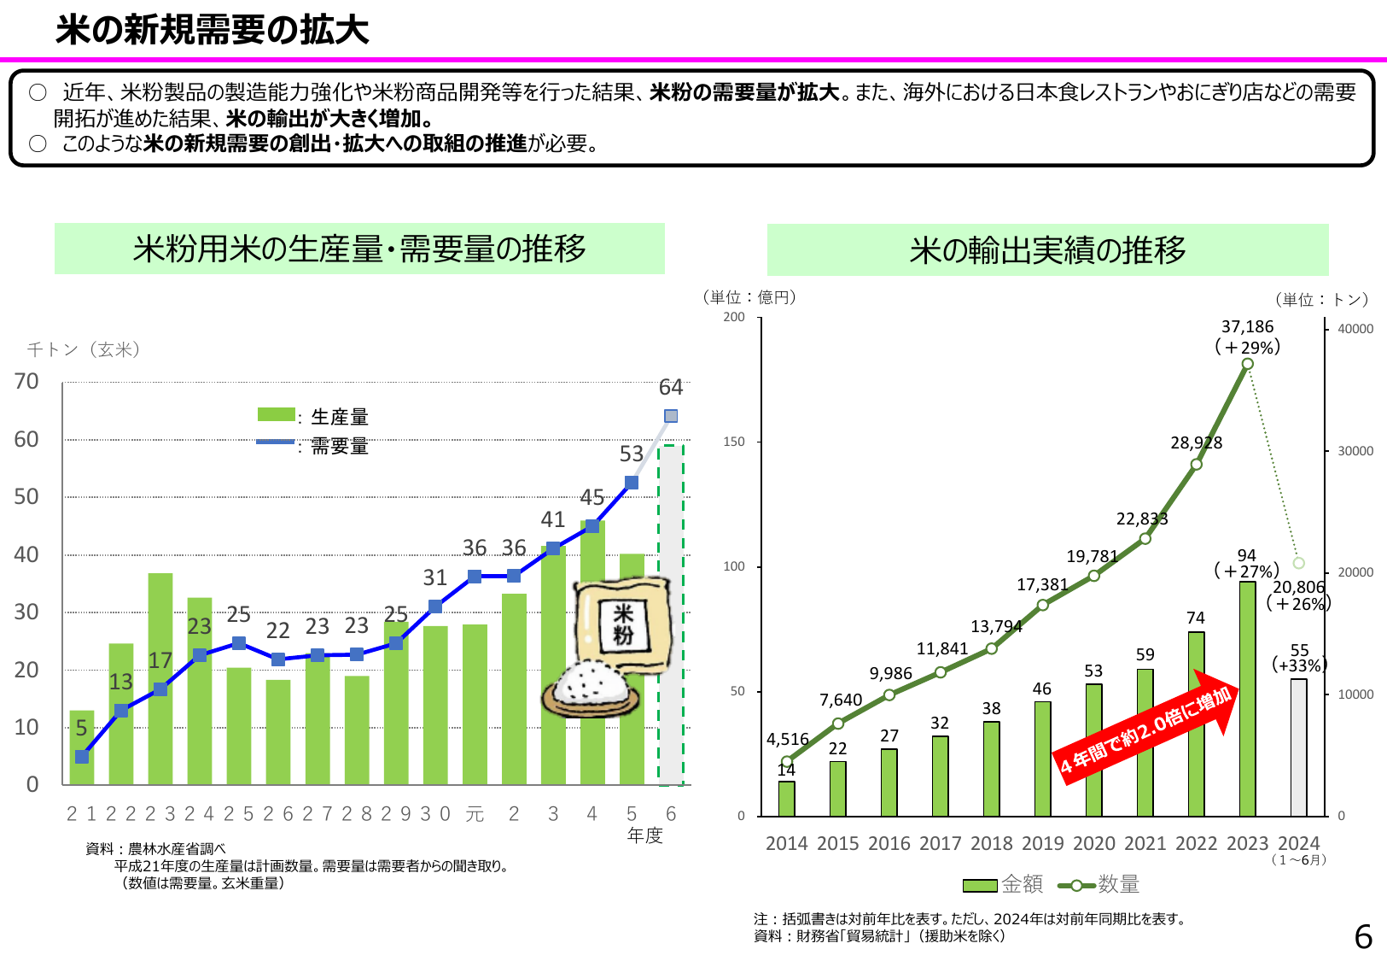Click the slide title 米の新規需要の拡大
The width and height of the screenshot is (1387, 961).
pos(212,31)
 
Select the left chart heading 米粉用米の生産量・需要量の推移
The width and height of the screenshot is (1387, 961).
pos(359,249)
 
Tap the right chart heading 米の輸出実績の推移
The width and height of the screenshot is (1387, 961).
pos(1047,250)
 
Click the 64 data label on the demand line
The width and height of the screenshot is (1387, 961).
pos(671,388)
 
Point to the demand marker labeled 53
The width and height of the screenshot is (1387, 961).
pos(632,483)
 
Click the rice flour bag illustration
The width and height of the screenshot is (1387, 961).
pos(621,621)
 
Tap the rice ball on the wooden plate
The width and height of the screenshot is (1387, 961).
pos(591,685)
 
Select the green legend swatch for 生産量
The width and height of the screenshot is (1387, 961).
pos(276,415)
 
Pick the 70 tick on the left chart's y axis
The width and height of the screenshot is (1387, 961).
pos(26,382)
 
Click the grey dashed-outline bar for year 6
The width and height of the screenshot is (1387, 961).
pos(671,615)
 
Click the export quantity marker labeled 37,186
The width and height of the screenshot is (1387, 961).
pos(1247,364)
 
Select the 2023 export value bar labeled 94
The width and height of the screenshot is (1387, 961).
pos(1247,699)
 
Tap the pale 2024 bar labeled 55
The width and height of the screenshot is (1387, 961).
pos(1298,747)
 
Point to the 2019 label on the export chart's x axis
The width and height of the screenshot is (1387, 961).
pos(1042,844)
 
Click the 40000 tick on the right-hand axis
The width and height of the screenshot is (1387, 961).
pos(1355,329)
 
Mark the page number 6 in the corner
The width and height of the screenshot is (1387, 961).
pos(1363,937)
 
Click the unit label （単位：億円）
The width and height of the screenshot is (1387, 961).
pos(749,297)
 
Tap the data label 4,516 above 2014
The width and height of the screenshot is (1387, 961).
pos(787,739)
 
